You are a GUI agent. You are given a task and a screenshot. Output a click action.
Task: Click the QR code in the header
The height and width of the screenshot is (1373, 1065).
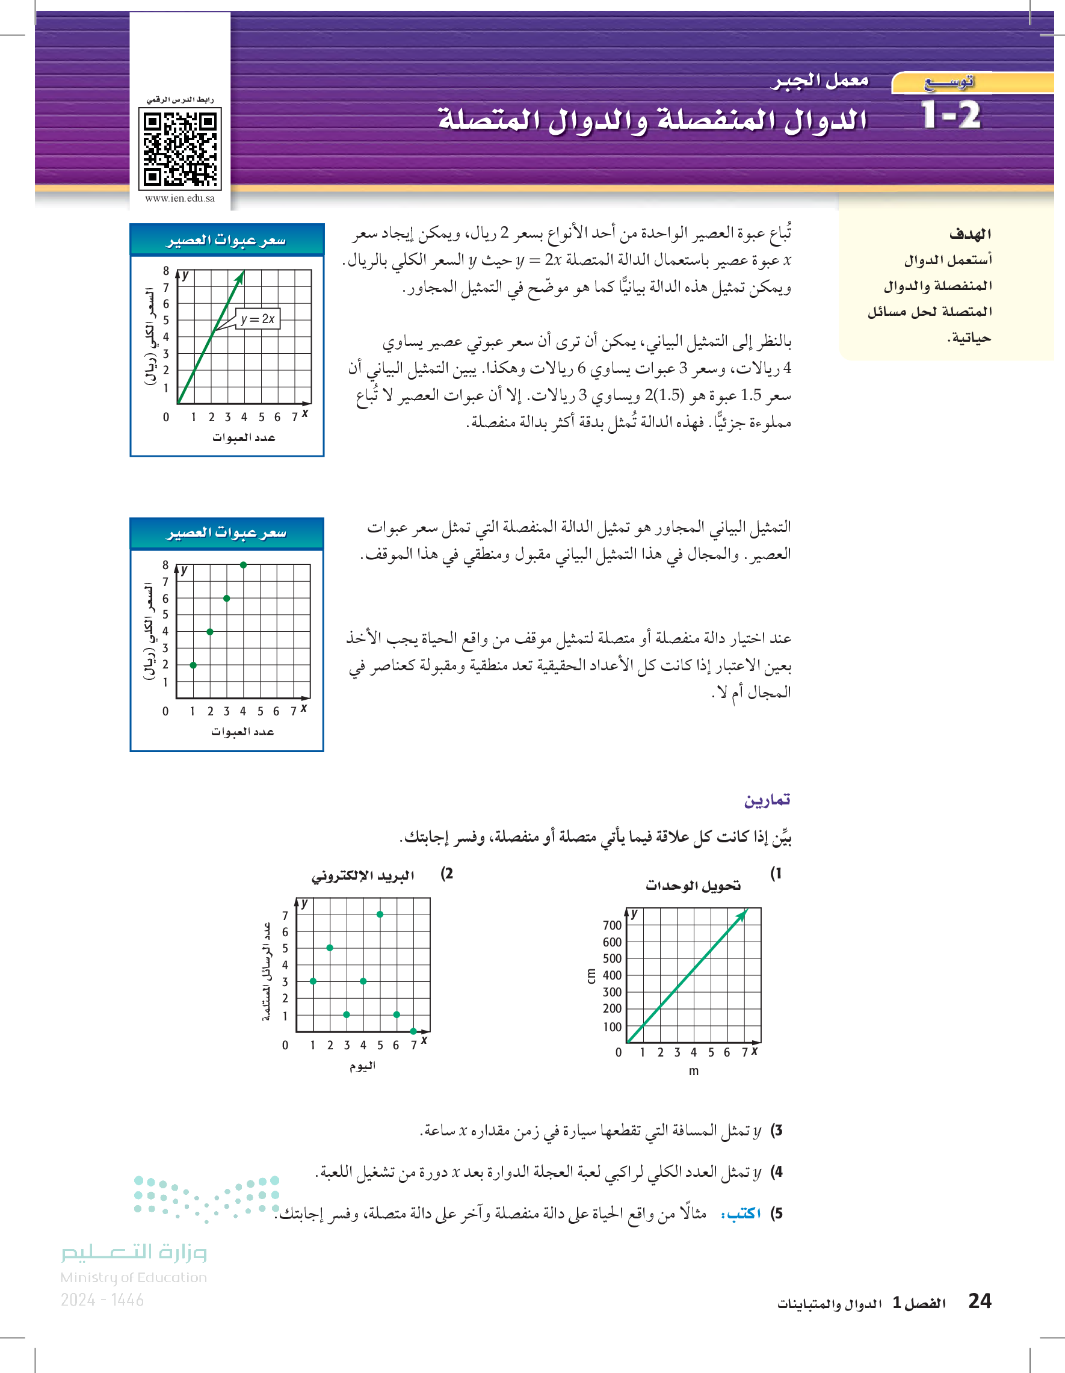179,149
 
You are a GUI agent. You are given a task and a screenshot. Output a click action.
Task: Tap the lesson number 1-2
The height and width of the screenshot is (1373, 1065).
951,116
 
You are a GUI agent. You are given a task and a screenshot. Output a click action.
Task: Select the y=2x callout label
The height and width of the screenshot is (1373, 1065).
258,319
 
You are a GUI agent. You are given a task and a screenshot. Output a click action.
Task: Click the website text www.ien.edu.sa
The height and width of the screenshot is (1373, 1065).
180,199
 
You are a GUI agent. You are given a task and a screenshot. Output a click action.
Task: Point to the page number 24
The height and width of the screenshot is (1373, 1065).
980,1301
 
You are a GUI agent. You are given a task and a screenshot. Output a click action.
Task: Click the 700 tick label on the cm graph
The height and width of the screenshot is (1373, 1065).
612,925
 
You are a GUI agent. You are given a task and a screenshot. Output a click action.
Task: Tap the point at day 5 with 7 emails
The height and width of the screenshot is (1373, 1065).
380,914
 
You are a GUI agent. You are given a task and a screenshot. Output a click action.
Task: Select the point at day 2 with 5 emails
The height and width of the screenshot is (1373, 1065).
330,948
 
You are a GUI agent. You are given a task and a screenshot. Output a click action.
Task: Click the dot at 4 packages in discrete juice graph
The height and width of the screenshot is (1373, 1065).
243,565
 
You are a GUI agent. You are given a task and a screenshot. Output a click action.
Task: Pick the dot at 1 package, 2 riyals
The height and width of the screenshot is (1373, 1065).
193,665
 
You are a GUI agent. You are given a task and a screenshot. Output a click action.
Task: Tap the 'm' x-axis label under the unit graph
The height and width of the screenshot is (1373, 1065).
693,1071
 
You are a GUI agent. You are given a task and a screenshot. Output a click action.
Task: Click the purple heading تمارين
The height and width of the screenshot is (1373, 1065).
767,800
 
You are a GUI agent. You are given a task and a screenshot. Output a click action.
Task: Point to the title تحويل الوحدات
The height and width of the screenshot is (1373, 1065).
693,886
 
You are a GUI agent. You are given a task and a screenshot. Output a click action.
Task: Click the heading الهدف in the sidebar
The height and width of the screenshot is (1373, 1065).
969,235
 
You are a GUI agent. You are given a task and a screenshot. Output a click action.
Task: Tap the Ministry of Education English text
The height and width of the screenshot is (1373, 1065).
134,1277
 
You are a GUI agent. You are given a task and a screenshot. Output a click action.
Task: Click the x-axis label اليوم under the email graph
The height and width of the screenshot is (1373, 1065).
363,1066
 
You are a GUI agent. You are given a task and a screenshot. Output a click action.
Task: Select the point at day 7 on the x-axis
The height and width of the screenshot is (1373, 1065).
413,1031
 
